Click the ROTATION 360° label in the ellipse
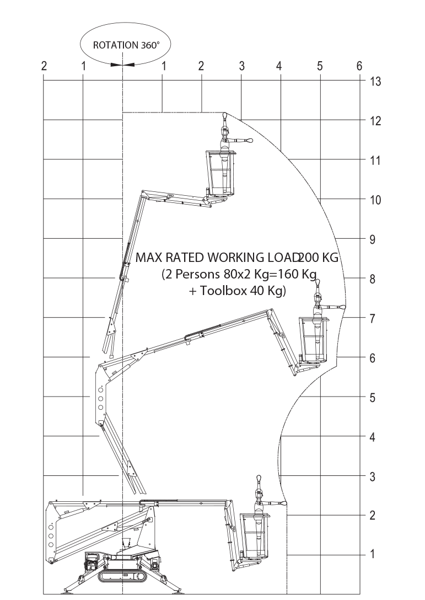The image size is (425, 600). point(126,45)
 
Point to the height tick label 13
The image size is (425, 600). point(375,82)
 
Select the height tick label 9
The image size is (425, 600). point(373,239)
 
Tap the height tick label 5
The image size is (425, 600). point(373,398)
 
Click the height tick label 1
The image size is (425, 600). point(373,554)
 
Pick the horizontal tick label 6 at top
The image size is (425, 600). point(359,66)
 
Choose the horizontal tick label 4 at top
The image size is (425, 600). point(279,66)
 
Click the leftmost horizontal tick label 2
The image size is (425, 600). point(44,66)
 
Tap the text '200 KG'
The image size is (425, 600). point(318,258)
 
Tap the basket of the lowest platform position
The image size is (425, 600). point(254,535)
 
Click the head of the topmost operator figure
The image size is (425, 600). point(225,116)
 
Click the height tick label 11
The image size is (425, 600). point(375,160)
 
